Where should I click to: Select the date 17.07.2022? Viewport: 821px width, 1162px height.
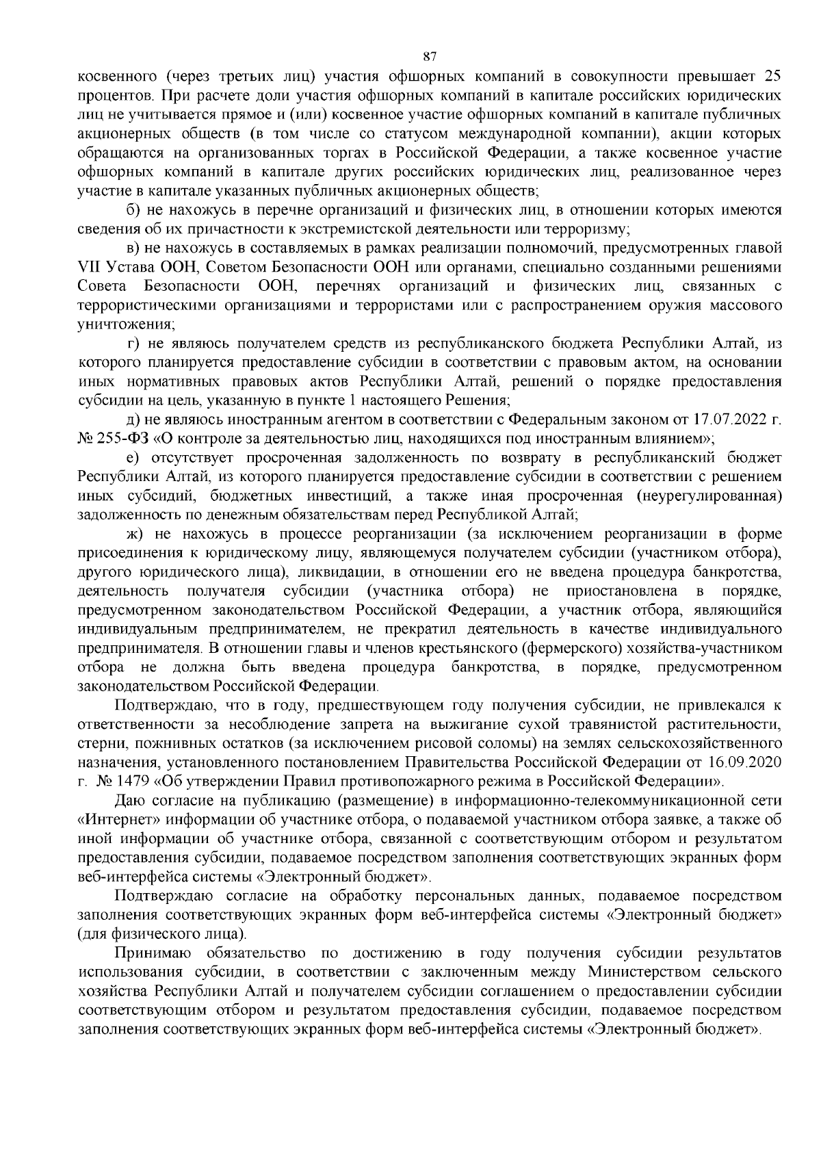[x=736, y=418]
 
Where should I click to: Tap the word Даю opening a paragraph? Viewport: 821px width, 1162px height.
[x=130, y=799]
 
